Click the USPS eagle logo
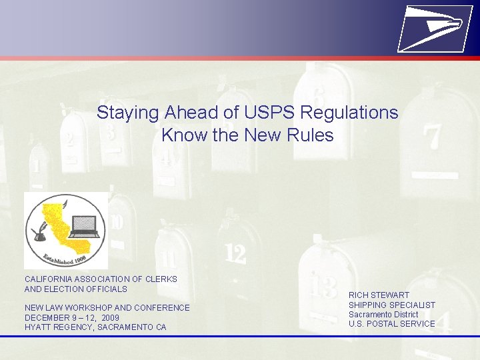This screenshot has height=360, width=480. (431, 27)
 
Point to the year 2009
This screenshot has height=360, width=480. (111, 318)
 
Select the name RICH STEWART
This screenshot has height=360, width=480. (379, 295)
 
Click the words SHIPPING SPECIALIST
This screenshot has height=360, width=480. (391, 305)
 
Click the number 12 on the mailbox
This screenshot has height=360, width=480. (235, 253)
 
